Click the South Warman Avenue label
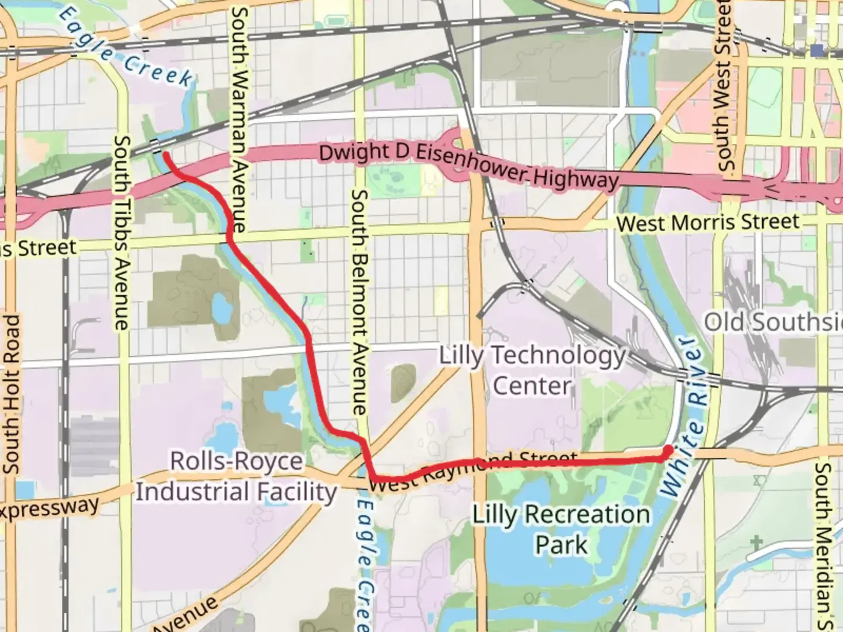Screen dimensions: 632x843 coord(238,120)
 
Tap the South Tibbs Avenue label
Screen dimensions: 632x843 coord(122,233)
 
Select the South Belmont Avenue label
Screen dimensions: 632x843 coord(359,301)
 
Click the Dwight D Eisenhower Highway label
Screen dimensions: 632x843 coord(468,164)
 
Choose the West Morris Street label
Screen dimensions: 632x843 coord(707,222)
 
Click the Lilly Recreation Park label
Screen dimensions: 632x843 coord(561,529)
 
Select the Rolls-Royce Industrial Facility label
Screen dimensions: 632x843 coord(237,476)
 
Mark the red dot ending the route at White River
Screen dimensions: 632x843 coord(667,450)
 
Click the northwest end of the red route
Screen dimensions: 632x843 coord(166,155)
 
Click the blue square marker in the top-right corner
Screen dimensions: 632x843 coord(817,49)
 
